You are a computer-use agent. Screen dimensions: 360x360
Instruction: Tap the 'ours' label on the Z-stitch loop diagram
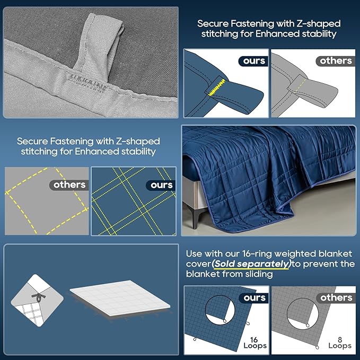click(x=254, y=61)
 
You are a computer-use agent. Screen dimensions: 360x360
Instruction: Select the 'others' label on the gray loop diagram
click(x=336, y=61)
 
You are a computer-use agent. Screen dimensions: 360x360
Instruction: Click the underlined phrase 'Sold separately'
click(x=251, y=264)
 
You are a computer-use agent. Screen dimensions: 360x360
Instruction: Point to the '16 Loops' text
click(x=255, y=343)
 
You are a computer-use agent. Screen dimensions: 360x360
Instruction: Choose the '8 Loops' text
click(x=340, y=343)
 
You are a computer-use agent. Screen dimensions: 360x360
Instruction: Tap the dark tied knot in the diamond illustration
click(x=38, y=297)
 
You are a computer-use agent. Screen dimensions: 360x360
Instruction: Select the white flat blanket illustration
click(x=120, y=298)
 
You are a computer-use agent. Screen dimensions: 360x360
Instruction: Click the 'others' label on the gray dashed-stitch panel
click(x=69, y=185)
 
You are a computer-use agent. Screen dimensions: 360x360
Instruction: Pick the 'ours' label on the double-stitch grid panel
click(x=161, y=185)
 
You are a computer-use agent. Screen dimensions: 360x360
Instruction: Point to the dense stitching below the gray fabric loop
click(x=87, y=83)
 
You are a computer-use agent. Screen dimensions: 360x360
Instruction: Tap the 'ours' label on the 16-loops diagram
click(x=254, y=298)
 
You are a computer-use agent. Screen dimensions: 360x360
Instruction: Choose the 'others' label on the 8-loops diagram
click(x=336, y=298)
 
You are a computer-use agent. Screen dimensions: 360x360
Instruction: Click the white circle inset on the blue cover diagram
click(x=219, y=310)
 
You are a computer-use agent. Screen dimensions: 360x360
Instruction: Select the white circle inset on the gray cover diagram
click(x=303, y=313)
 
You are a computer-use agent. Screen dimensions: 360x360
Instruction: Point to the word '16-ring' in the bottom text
click(x=257, y=254)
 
